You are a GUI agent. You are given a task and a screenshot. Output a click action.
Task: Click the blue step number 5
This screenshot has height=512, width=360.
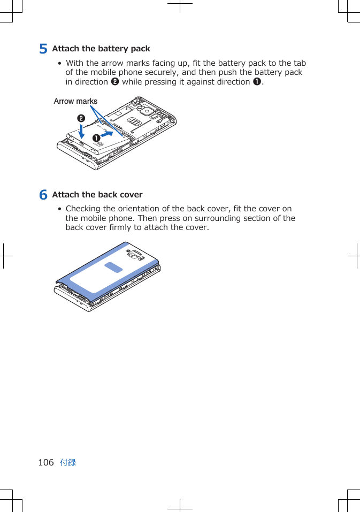click(43, 49)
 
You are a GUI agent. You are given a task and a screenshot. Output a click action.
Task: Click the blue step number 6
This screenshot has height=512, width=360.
click(43, 195)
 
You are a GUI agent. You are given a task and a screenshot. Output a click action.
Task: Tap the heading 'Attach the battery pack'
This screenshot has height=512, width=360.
click(101, 49)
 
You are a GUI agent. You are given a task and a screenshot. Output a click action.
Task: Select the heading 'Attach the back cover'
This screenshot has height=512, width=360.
click(97, 195)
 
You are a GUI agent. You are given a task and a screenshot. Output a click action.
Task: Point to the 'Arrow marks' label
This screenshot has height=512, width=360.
click(76, 101)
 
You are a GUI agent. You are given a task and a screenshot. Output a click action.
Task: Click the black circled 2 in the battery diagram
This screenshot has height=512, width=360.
click(81, 118)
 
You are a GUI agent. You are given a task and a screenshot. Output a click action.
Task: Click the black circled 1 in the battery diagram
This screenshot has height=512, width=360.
click(96, 138)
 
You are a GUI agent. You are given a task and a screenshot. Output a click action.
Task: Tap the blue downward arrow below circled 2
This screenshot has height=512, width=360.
click(81, 132)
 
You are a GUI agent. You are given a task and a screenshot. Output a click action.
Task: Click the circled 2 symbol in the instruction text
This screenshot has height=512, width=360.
click(114, 82)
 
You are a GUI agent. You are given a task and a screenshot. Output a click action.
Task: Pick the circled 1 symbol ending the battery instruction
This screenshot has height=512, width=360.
click(257, 82)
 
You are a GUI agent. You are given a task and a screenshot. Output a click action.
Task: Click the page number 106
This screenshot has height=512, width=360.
click(46, 462)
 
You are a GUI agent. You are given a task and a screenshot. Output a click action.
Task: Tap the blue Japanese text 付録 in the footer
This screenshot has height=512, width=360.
click(68, 462)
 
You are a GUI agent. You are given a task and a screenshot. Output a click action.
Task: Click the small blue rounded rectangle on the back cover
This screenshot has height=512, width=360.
click(113, 268)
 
